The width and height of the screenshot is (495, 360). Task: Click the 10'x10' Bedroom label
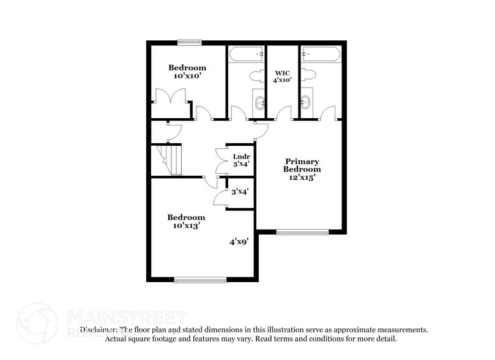pos(187,72)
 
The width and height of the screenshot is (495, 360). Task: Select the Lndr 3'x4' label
pos(240,160)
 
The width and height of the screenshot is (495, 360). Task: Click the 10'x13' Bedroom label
pos(187,221)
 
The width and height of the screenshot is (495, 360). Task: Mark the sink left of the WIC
pos(259,102)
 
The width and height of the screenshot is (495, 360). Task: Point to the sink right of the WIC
pos(306,102)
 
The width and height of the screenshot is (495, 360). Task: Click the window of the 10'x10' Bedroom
pos(190,42)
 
